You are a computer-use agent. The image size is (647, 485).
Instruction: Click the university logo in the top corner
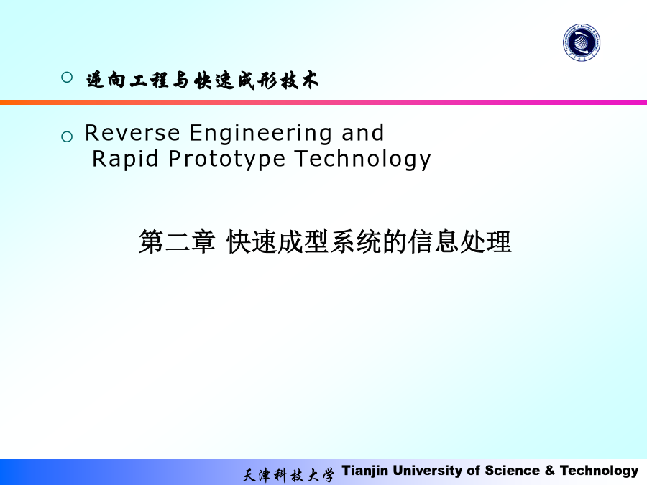click(x=582, y=42)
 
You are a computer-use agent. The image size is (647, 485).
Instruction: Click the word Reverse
click(x=132, y=133)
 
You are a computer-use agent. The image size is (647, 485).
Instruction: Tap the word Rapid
click(x=125, y=160)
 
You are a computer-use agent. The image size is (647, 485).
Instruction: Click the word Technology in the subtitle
click(x=363, y=160)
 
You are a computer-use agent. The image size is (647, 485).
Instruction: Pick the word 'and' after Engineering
click(x=363, y=133)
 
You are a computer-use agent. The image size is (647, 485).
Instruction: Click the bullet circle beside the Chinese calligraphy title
click(x=67, y=77)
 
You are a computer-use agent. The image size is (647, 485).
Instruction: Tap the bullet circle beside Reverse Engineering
click(x=67, y=137)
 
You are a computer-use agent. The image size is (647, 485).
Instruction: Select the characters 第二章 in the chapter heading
click(x=177, y=241)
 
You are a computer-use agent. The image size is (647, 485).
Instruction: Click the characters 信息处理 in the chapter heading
click(x=459, y=241)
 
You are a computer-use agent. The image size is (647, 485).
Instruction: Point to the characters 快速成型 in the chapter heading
click(x=277, y=241)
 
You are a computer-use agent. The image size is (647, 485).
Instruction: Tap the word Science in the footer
click(x=512, y=471)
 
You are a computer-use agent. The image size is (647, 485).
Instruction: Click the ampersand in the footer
click(x=550, y=471)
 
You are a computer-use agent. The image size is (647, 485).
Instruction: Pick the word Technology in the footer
click(x=599, y=471)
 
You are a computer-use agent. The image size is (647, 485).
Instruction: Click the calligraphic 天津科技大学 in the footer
click(x=288, y=475)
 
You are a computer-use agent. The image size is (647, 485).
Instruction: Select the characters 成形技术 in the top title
click(x=277, y=80)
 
